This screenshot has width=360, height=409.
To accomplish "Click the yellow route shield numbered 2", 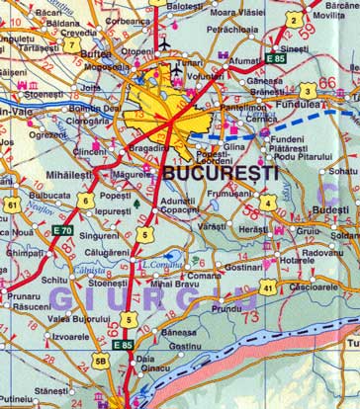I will tap(293, 19).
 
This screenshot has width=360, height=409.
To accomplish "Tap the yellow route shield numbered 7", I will tap(71, 43).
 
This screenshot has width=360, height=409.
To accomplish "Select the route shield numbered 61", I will tap(11, 204).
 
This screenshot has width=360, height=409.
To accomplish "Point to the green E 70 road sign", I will tap(63, 230).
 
